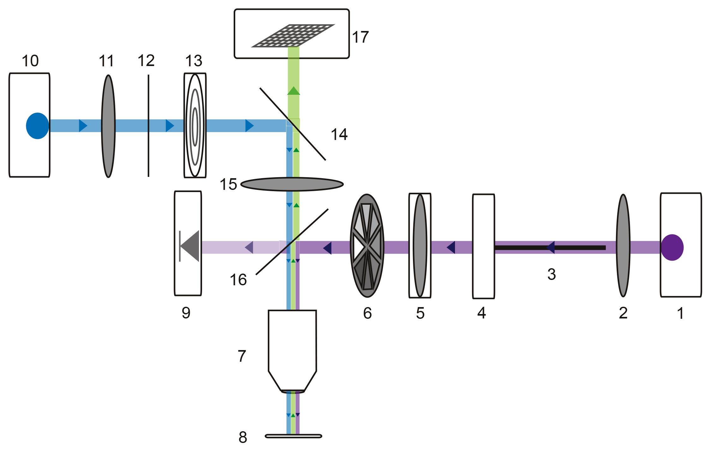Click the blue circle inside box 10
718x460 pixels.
pos(37,126)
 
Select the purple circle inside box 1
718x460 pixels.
pos(672,247)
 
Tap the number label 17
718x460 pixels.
pos(360,37)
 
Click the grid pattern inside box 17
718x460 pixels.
pos(293,35)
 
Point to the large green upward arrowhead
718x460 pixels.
pos(293,91)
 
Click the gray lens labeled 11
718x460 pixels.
pos(108,126)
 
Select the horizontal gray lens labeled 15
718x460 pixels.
pos(292,184)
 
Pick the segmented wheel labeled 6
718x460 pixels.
pos(367,246)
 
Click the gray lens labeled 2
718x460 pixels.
pos(623,246)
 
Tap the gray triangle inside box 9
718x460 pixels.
pos(190,246)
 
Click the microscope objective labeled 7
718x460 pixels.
pos(292,348)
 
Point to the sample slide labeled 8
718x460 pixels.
pos(293,436)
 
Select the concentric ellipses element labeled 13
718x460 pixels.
pos(195,126)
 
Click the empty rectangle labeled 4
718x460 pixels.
pos(483,246)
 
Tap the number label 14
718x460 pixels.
pos(339,135)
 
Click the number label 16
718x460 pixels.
pos(238,280)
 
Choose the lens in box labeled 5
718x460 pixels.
pos(420,246)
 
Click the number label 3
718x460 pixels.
pos(551,274)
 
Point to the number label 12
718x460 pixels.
pos(146,61)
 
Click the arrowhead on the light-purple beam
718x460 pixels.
pos(249,247)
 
